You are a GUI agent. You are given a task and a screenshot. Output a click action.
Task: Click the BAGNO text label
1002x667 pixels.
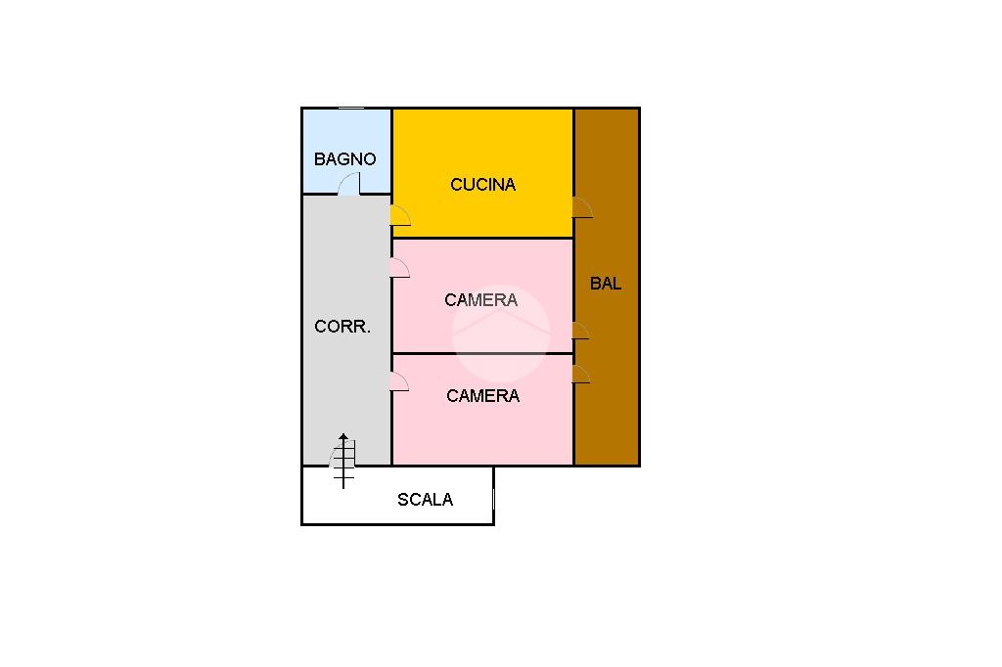[x=344, y=158]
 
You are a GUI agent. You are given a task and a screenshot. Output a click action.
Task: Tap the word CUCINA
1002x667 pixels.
[x=482, y=184]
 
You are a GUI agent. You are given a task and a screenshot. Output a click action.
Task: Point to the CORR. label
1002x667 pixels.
[x=342, y=327]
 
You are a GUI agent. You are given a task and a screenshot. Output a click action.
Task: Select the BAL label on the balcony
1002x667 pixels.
[x=606, y=284]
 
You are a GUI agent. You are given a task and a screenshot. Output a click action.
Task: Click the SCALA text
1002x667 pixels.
[x=425, y=500]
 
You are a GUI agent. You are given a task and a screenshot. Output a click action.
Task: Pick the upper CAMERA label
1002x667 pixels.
[x=480, y=299]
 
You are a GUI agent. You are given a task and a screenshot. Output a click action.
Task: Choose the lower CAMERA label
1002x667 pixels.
[x=482, y=395]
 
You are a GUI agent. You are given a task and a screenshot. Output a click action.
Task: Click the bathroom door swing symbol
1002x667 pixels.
[x=350, y=184]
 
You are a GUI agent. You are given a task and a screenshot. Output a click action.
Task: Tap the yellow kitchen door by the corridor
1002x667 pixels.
[x=399, y=216]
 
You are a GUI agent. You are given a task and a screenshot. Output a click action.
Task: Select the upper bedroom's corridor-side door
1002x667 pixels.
[x=398, y=268]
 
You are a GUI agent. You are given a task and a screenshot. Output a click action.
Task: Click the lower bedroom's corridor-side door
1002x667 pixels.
[x=398, y=382]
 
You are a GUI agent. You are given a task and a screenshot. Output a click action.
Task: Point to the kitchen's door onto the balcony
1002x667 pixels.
[x=581, y=207]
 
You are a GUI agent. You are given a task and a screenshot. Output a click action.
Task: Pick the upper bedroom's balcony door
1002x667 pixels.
[x=579, y=331]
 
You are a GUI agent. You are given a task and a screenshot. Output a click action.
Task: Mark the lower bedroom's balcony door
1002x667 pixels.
[x=580, y=374]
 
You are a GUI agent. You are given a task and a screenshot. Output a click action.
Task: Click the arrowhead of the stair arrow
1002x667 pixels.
[x=343, y=438]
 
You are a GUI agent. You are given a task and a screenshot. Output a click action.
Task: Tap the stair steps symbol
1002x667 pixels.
[x=343, y=464]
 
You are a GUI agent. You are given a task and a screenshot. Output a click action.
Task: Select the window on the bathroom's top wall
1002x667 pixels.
[x=351, y=109]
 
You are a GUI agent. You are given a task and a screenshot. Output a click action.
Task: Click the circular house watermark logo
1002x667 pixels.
[x=500, y=333]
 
